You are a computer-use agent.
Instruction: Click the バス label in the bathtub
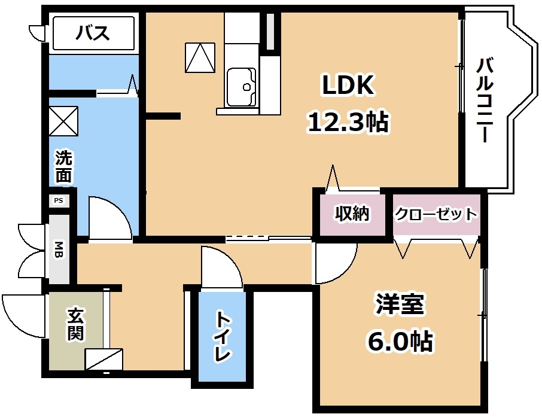(x=93, y=33)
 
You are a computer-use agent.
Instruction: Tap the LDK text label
(x=348, y=85)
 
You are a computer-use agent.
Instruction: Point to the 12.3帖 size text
(x=348, y=121)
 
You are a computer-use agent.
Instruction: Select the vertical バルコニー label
(x=485, y=101)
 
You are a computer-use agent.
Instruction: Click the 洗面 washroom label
(x=64, y=167)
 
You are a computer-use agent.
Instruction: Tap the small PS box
(x=59, y=200)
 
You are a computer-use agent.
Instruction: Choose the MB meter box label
(x=59, y=250)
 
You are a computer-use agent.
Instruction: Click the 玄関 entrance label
(x=76, y=325)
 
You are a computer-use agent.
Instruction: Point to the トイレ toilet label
(x=223, y=336)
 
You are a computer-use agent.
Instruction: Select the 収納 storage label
(x=352, y=214)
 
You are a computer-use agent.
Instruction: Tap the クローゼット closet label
(x=436, y=214)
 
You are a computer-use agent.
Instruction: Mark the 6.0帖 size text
(x=400, y=340)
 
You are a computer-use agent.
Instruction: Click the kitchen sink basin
(x=241, y=87)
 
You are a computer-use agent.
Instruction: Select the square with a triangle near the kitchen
(x=200, y=58)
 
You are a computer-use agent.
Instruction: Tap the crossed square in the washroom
(x=63, y=121)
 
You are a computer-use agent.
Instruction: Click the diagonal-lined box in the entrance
(x=104, y=360)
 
